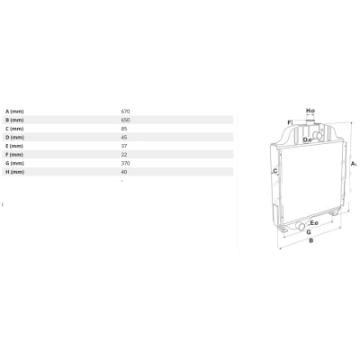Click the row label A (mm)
[x=14, y=112]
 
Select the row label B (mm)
[x=14, y=120]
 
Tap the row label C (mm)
[x=14, y=129]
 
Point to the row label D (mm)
[x=14, y=138]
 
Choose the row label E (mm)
[x=14, y=146]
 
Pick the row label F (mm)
[x=14, y=155]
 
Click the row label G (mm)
[x=14, y=163]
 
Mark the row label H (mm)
[x=14, y=172]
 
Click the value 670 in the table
[x=125, y=112]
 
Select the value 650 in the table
[x=125, y=120]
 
